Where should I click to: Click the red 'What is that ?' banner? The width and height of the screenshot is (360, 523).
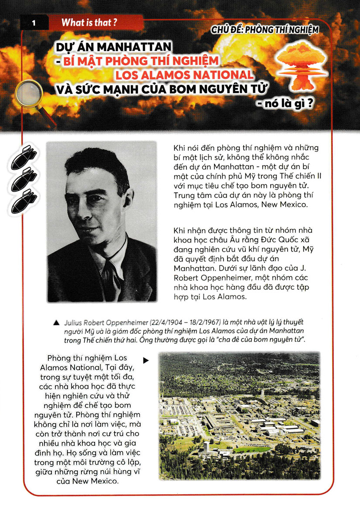89,23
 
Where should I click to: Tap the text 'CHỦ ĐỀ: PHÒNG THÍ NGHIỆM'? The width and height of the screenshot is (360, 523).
265,30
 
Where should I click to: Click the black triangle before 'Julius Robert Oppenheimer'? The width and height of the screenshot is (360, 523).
55,323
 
